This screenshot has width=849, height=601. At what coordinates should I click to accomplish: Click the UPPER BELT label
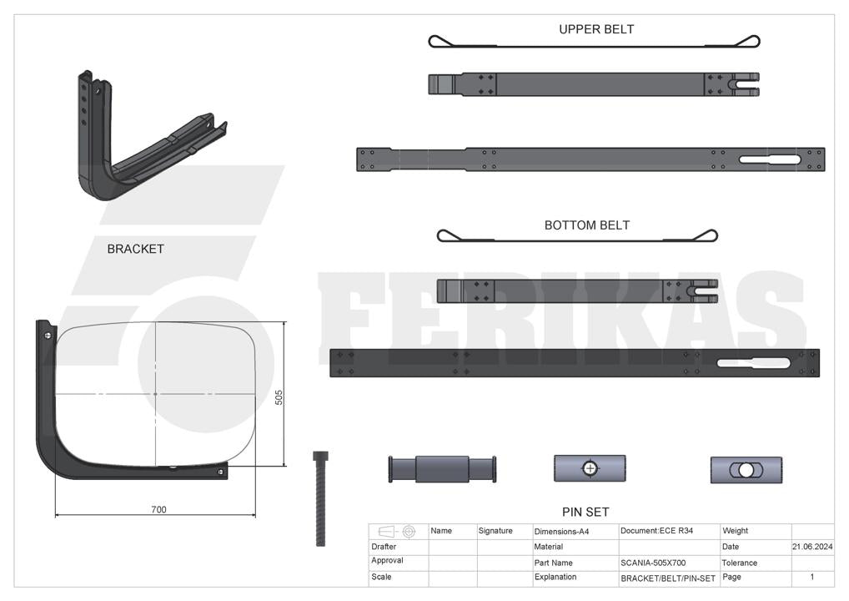point(596,29)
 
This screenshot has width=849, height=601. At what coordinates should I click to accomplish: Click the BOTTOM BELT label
point(587,225)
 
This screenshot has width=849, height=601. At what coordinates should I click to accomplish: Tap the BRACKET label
point(135,249)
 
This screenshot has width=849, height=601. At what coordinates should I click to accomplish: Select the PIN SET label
point(585,513)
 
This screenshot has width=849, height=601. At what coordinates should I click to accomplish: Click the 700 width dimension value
point(158,509)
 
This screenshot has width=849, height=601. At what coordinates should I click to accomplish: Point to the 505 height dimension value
point(279,397)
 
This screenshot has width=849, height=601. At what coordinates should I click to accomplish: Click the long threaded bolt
point(320,498)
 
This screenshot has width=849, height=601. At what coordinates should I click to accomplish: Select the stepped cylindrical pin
point(442,469)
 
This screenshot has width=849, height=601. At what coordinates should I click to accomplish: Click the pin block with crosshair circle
point(590,468)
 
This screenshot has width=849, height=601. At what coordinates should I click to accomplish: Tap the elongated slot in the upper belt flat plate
point(770,159)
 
